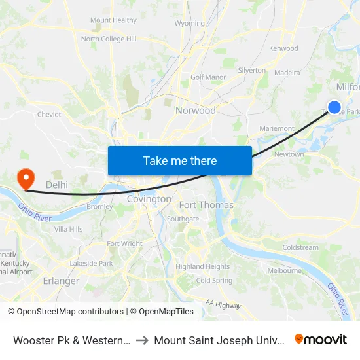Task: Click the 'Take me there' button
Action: click(x=180, y=160)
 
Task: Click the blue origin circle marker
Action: click(x=334, y=107)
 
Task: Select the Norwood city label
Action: click(x=195, y=111)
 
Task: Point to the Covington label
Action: click(x=149, y=199)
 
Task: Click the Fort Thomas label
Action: click(x=206, y=205)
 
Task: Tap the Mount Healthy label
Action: click(x=114, y=20)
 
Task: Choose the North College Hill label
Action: click(x=109, y=39)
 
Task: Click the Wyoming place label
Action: click(x=190, y=24)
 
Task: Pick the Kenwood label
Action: click(x=283, y=48)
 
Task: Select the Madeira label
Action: click(x=287, y=73)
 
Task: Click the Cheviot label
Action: click(x=49, y=114)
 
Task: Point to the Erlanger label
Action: click(x=61, y=281)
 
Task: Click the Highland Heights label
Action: click(x=203, y=266)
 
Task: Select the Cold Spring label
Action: click(x=214, y=281)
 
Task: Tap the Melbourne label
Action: click(x=284, y=270)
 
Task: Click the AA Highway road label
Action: click(x=223, y=304)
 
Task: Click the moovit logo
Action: click(x=321, y=339)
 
